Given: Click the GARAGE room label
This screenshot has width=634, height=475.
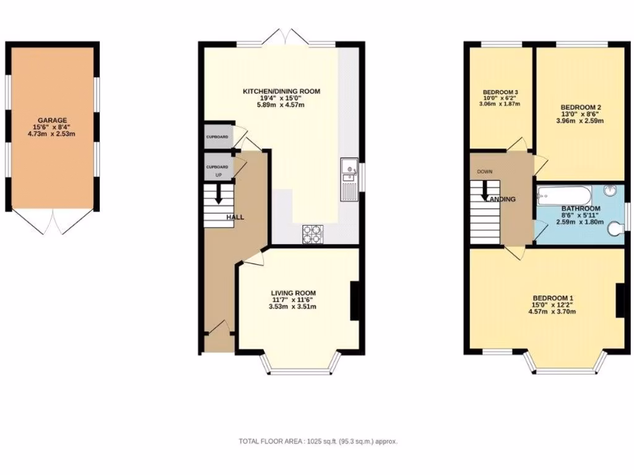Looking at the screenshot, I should click(x=52, y=120).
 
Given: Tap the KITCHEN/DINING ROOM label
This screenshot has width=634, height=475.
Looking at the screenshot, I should click(x=281, y=92).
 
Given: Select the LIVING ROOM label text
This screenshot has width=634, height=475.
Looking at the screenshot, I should click(x=293, y=293).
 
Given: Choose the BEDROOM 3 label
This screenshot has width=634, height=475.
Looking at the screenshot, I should click(x=500, y=93).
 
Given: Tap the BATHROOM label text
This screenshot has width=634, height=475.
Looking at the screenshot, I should click(x=581, y=209).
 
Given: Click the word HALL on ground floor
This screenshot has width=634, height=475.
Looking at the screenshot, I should click(x=235, y=218).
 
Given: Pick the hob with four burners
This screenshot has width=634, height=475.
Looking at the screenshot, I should click(x=311, y=234).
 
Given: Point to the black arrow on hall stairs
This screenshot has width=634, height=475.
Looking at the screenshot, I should click(x=218, y=195).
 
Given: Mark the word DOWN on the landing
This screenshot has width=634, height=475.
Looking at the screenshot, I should click(x=485, y=171).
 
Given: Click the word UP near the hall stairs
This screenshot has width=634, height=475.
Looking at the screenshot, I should click(x=218, y=175).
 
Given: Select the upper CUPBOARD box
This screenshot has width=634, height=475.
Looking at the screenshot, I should click(x=217, y=137).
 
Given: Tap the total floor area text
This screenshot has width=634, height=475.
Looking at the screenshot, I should click(x=318, y=442).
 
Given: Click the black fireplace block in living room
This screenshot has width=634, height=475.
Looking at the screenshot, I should click(x=355, y=301).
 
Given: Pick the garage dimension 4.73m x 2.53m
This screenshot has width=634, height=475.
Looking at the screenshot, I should click(x=52, y=134).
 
